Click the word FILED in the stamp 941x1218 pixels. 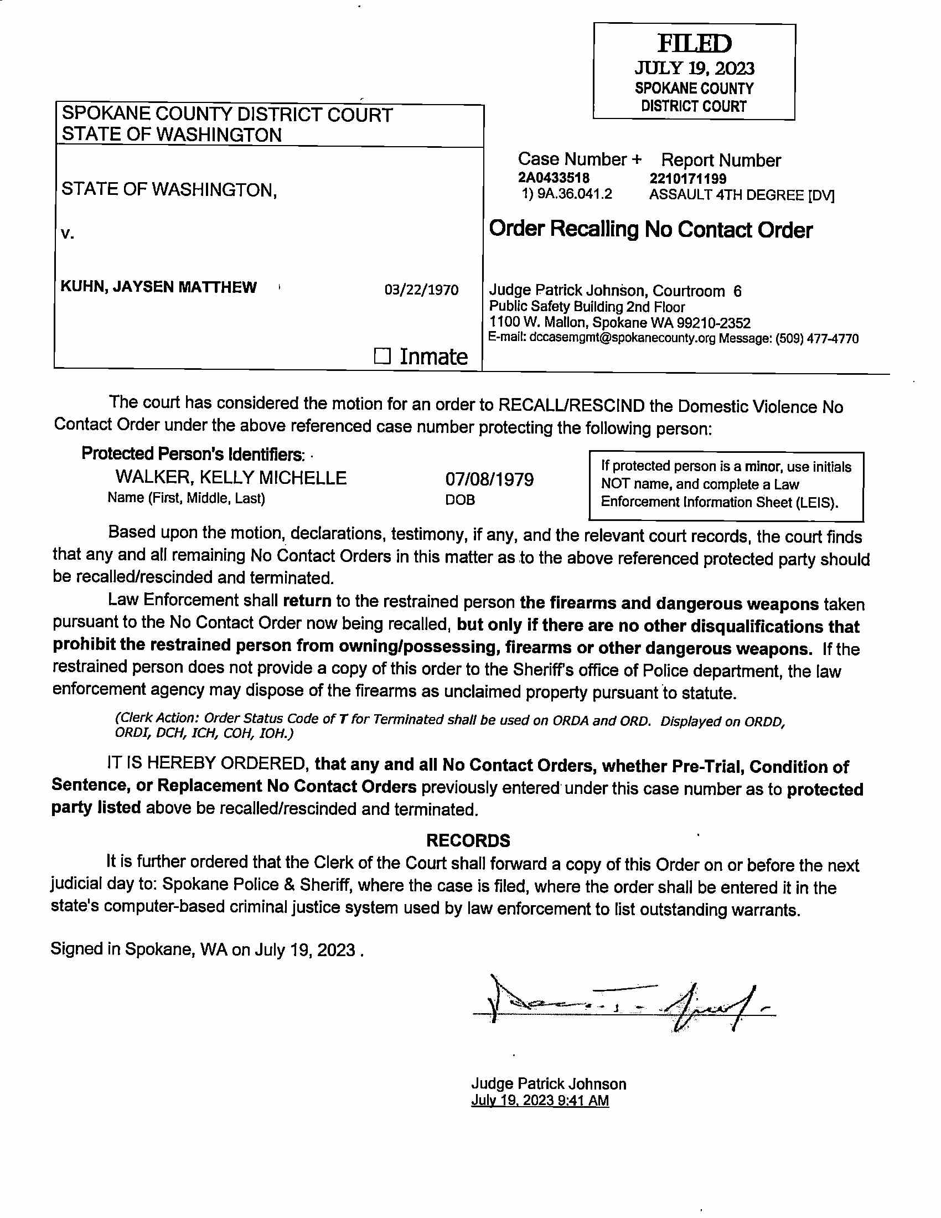(x=694, y=44)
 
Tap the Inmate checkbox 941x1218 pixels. (x=382, y=356)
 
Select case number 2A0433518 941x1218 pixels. (x=554, y=178)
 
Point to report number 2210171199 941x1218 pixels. (x=687, y=178)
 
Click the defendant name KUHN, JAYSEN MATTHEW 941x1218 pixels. (x=158, y=287)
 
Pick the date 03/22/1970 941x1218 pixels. (x=421, y=290)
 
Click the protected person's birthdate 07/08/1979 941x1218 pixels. (x=489, y=479)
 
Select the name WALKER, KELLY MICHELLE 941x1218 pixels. (x=231, y=478)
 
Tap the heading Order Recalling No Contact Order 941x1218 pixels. (x=650, y=230)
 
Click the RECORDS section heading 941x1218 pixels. (x=468, y=840)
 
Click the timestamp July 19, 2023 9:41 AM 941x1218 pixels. (x=540, y=1100)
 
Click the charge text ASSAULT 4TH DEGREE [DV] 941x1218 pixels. (x=741, y=195)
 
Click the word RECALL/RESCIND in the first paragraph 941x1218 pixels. (x=571, y=405)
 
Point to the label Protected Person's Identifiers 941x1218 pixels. (x=193, y=454)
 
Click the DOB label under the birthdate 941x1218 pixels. (x=460, y=500)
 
